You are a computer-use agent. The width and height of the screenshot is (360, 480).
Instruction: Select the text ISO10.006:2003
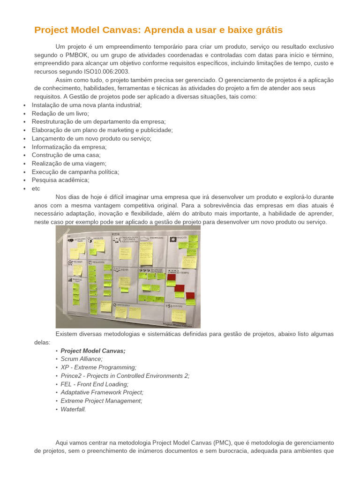[x=107, y=72]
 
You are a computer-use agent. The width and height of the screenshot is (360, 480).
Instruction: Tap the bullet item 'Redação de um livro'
[x=60, y=113]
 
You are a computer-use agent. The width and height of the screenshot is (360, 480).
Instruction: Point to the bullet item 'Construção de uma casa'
[x=66, y=155]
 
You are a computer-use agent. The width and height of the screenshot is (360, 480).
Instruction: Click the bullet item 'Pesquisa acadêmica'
[x=60, y=180]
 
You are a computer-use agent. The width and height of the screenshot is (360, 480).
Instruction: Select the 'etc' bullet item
[x=36, y=188]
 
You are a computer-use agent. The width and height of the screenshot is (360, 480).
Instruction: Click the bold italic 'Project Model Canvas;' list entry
[x=93, y=351]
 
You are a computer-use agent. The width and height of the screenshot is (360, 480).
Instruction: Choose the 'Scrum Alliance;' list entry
[x=82, y=359]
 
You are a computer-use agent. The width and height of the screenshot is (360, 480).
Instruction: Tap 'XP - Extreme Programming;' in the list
[x=98, y=367]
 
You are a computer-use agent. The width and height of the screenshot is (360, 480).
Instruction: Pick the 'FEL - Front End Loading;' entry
[x=94, y=384]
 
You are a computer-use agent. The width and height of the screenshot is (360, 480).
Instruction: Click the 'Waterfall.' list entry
[x=73, y=409]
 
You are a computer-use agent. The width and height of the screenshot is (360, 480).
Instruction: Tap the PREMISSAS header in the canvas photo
[x=157, y=238]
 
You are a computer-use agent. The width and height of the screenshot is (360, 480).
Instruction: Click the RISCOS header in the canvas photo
[x=182, y=238]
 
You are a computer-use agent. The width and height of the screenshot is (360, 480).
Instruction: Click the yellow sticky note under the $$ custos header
[x=179, y=315]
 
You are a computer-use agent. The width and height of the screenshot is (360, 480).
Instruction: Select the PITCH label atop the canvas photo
[x=116, y=234]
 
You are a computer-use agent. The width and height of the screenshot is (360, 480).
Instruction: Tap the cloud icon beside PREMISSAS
[x=144, y=239]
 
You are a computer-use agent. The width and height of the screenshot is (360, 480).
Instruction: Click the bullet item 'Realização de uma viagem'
[x=69, y=164]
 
